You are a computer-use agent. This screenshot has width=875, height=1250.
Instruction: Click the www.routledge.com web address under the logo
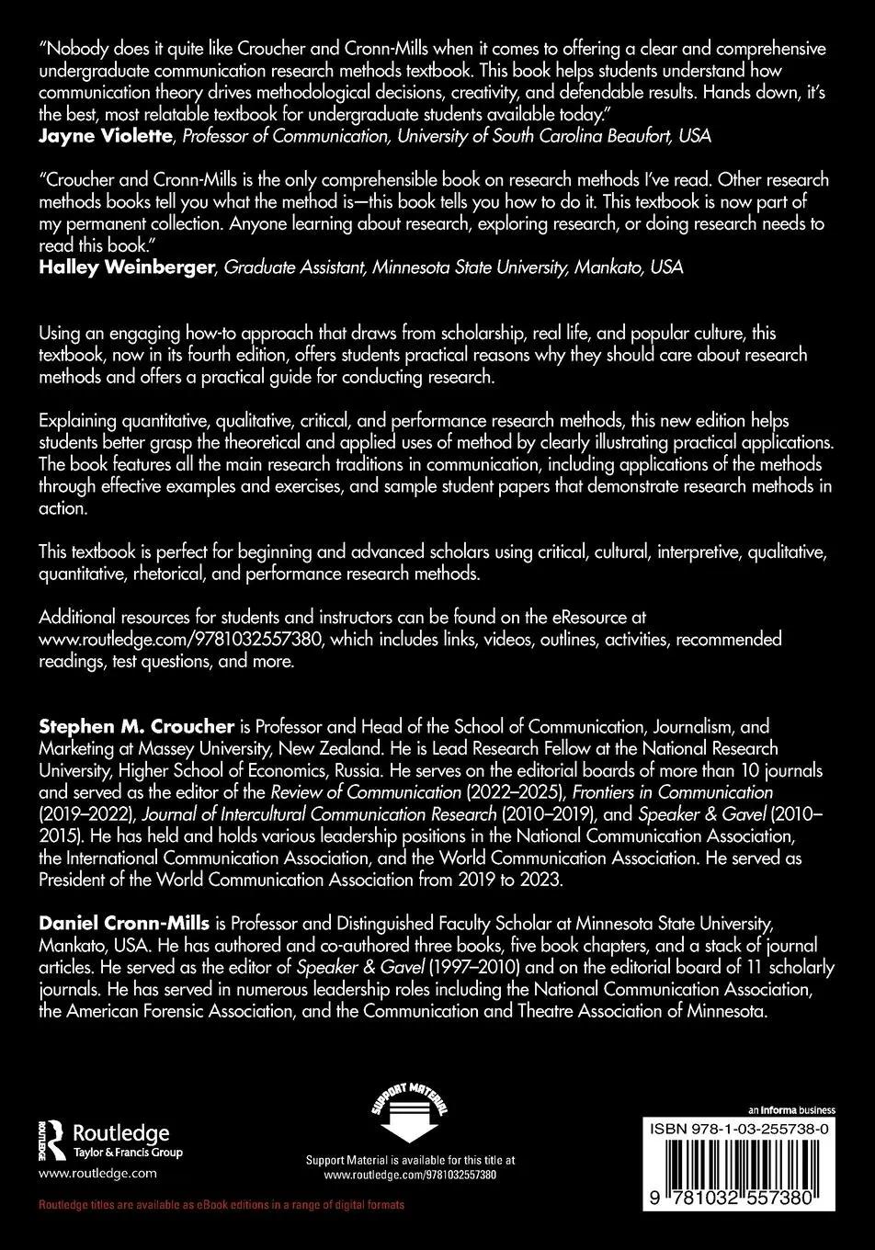point(97,1173)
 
